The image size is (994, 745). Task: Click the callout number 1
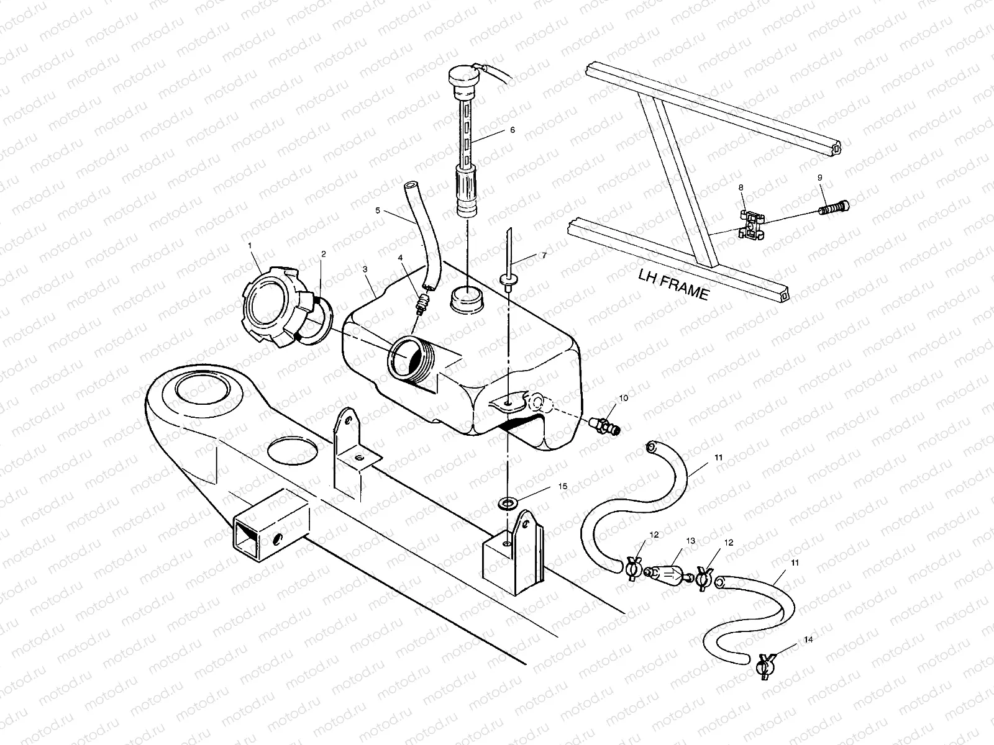click(x=250, y=246)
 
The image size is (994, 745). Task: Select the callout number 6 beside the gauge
click(x=513, y=130)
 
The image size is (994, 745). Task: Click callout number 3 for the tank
click(x=365, y=269)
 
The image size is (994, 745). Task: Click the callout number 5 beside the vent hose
click(x=377, y=210)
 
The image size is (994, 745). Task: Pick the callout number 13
click(x=690, y=541)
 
